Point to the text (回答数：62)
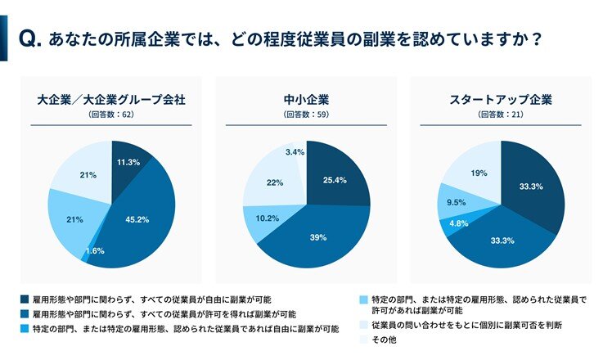[x=111, y=115]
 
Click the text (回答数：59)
[x=305, y=115]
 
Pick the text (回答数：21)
[x=501, y=115]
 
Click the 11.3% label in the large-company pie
[x=128, y=162]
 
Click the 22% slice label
[x=274, y=182]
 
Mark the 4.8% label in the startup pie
[x=458, y=222]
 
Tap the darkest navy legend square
[x=24, y=300]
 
